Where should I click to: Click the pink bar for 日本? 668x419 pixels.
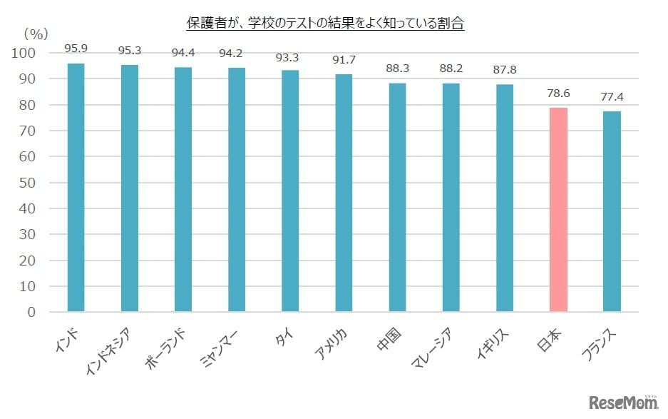coord(558,210)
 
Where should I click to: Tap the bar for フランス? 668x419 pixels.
coord(612,211)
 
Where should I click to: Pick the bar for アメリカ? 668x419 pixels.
coord(344,193)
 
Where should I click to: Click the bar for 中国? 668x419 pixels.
coord(397,198)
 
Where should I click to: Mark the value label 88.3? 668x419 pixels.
coord(397,70)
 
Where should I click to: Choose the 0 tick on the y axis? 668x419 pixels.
coord(32,312)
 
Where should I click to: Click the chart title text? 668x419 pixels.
coord(324,24)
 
